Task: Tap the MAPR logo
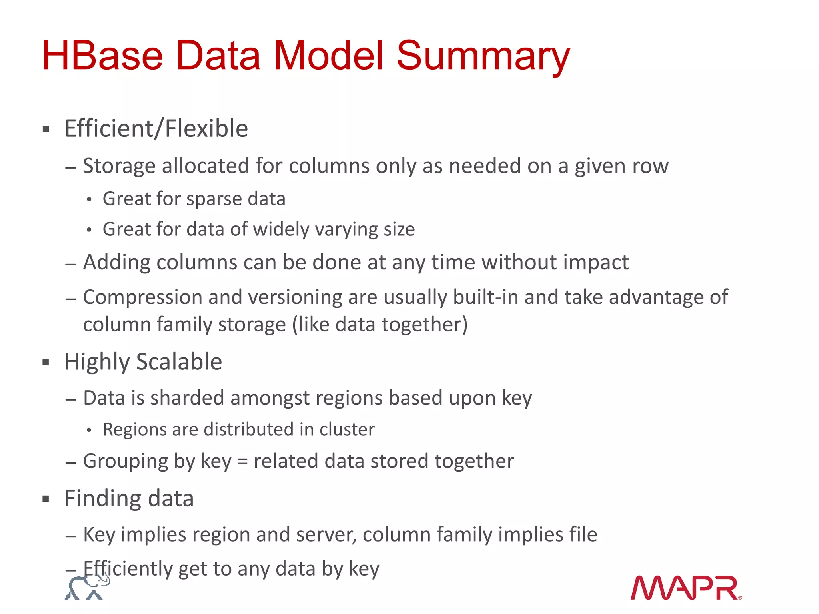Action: [x=686, y=588]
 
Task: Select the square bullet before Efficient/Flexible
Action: [x=46, y=129]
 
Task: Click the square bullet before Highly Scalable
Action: [x=46, y=362]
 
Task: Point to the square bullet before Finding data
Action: [x=46, y=499]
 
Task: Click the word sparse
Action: [x=214, y=199]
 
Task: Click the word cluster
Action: [x=347, y=429]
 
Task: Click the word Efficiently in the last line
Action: [x=128, y=568]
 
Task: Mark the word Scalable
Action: [x=179, y=362]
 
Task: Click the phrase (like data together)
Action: [x=380, y=324]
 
